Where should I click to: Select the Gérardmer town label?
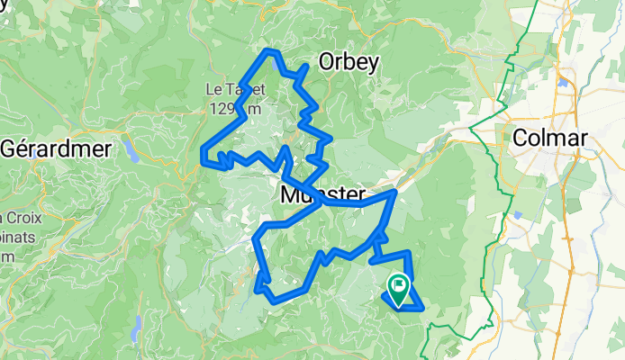(x=55, y=148)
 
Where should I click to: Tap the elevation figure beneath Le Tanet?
(x=235, y=108)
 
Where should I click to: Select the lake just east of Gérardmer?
(x=133, y=152)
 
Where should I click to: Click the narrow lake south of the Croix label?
(x=135, y=334)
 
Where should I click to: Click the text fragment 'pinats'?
(x=14, y=237)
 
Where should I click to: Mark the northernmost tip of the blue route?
(x=269, y=51)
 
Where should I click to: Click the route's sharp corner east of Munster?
(x=394, y=192)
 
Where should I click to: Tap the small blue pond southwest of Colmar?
(x=519, y=216)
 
